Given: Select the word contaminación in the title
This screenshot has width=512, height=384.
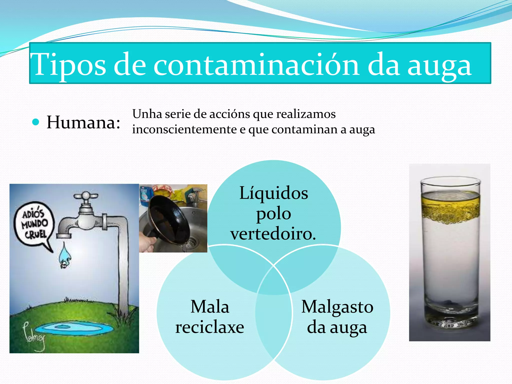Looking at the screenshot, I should click(x=256, y=64).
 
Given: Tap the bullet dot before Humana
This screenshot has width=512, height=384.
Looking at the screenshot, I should click(x=36, y=122).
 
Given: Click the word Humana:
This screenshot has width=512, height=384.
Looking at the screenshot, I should click(x=83, y=122).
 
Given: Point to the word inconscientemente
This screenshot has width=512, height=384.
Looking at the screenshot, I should click(x=184, y=129).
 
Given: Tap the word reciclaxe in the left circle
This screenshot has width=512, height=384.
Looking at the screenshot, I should click(x=209, y=327).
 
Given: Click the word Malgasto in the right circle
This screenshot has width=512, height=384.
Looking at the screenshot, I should click(x=337, y=307).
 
